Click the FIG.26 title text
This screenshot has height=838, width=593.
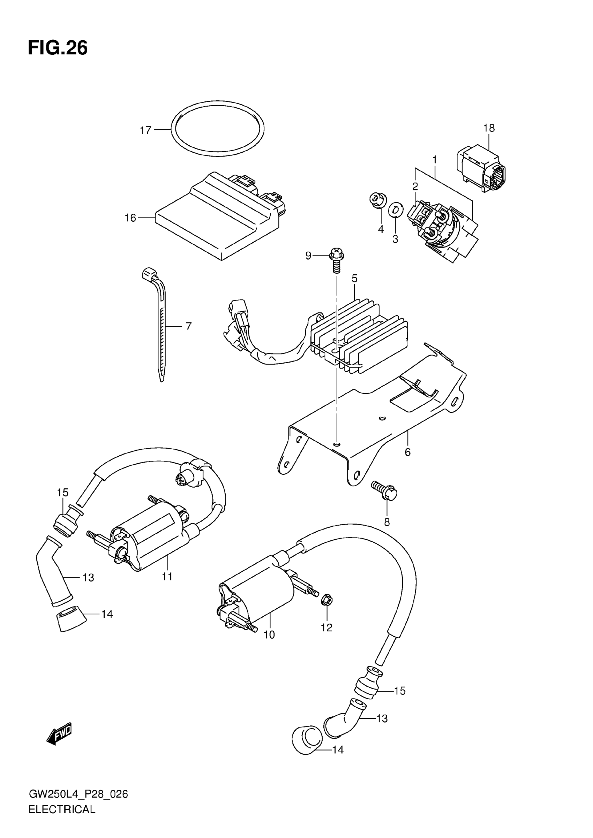[x=58, y=48]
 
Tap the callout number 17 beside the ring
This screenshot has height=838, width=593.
[x=145, y=130]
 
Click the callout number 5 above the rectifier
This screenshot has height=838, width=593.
[x=354, y=279]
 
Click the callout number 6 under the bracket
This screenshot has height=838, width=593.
[x=407, y=452]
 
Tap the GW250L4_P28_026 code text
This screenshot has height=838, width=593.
[x=78, y=794]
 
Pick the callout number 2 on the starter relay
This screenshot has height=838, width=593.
[x=415, y=186]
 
